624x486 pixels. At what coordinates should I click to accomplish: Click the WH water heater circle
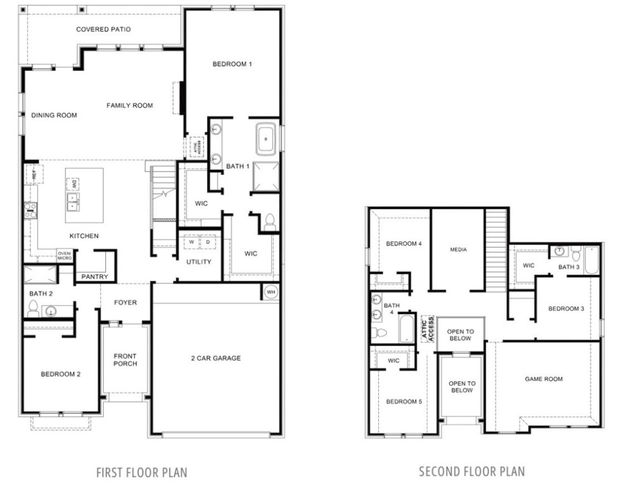271,292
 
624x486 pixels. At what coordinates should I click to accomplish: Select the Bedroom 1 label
232,64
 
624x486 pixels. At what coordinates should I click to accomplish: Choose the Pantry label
95,277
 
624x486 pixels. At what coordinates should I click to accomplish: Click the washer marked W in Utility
191,242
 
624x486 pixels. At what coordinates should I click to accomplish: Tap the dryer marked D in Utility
208,242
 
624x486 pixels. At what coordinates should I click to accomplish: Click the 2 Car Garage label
216,358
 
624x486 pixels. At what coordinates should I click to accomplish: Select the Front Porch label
125,360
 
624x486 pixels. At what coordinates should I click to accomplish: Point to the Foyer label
125,302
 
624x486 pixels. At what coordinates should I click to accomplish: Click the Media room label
458,249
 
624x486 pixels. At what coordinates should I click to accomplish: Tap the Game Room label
544,379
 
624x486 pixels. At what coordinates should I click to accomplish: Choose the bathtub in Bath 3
590,260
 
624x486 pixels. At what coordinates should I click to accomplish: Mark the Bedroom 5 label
403,401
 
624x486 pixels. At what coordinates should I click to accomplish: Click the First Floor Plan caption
141,472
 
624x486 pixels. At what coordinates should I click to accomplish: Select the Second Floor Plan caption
471,471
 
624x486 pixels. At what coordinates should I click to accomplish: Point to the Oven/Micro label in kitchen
65,256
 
